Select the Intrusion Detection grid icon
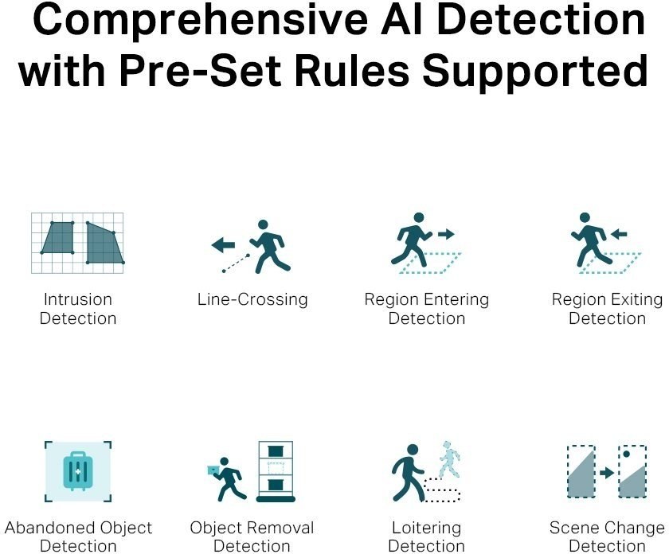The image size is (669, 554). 78,242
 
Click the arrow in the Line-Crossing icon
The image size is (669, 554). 223,245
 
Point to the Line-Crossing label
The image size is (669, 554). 252,300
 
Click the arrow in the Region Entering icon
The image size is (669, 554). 446,234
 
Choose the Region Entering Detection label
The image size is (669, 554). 427,309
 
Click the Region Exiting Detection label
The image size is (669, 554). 607,309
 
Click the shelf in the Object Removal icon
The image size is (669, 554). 276,472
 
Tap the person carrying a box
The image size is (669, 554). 226,478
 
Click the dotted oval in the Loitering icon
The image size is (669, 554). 442,490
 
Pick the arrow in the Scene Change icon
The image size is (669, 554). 607,473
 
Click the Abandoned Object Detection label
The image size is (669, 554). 78,537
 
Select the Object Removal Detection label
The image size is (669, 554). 252,537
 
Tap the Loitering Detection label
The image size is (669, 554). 427,537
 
